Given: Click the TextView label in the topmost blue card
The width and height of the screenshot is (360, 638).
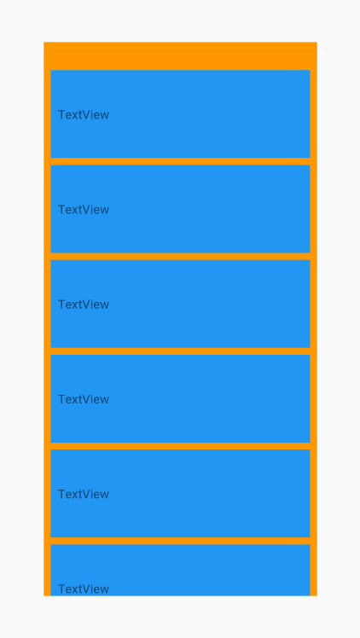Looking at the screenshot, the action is click(x=84, y=115).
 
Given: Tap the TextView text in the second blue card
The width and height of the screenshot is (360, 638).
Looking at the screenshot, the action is click(x=84, y=210).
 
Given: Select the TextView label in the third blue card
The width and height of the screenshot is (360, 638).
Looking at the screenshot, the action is click(x=84, y=304).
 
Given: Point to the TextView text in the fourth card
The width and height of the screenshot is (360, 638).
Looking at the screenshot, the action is click(x=84, y=399).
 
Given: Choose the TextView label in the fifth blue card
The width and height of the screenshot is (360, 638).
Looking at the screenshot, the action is click(x=84, y=495).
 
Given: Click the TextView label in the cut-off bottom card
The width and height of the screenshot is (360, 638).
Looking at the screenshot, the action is click(x=84, y=589).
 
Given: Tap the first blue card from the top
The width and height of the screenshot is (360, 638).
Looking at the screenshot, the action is click(x=180, y=113).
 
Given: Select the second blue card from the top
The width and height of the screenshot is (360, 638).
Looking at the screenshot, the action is click(x=180, y=209).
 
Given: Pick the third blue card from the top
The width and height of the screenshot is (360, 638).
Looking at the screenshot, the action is click(x=180, y=304).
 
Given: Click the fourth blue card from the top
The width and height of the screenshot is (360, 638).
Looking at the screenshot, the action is click(x=180, y=398).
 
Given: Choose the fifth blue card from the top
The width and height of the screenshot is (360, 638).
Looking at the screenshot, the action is click(x=180, y=493).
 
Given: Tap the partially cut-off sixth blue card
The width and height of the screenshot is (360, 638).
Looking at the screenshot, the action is click(x=180, y=570).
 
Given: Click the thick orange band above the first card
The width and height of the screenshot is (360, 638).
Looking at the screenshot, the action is click(x=180, y=55).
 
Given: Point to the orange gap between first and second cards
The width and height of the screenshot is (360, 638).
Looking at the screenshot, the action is click(x=180, y=161).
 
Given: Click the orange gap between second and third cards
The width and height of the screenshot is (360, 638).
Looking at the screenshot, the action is click(x=180, y=257).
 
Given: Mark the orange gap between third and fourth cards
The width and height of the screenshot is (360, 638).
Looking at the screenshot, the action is click(x=180, y=351).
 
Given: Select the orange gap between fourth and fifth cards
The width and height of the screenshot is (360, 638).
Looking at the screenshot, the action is click(x=180, y=446).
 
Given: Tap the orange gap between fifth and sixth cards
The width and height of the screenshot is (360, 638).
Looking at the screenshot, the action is click(x=180, y=541).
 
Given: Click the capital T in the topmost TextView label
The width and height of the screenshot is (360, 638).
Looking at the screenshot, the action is click(x=61, y=115).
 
